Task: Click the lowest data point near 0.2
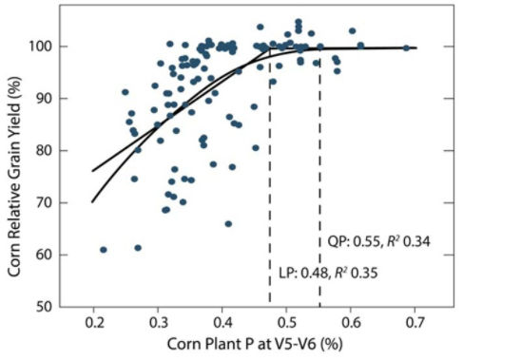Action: pyautogui.click(x=104, y=250)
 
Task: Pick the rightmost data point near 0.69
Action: pyautogui.click(x=406, y=47)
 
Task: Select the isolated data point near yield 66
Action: pyautogui.click(x=228, y=224)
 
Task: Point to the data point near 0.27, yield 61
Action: pyautogui.click(x=138, y=248)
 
